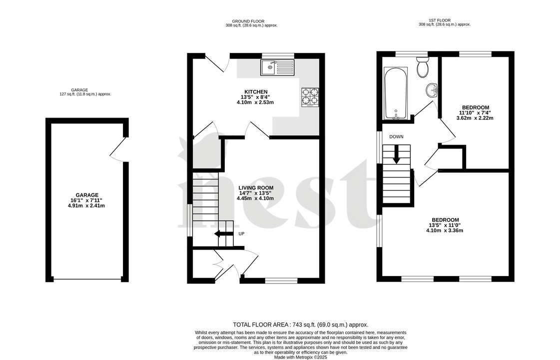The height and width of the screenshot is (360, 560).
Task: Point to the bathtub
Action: (x=396, y=93)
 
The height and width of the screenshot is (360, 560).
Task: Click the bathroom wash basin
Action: (x=432, y=90)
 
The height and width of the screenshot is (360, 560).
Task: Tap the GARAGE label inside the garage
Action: (x=87, y=195)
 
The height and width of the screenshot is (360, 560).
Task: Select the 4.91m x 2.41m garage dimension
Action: (x=87, y=205)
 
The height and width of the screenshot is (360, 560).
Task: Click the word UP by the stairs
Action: (x=241, y=233)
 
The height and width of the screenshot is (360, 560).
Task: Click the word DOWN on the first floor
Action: (x=397, y=136)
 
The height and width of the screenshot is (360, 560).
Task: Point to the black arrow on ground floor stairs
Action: (x=223, y=233)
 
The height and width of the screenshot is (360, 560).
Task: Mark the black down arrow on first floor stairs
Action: (x=397, y=154)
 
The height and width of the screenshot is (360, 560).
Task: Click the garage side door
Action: (x=118, y=149)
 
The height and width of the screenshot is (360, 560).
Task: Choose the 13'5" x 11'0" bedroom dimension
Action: (x=445, y=225)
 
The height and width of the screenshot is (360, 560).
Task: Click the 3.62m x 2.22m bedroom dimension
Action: (x=475, y=118)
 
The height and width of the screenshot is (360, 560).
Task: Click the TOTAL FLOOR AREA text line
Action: (x=301, y=324)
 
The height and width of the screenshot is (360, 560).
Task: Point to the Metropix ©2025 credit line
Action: (x=301, y=357)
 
